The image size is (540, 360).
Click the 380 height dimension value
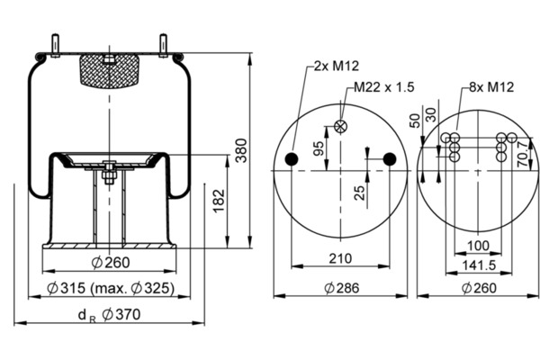coord(241,150)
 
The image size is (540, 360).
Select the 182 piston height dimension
coord(219,202)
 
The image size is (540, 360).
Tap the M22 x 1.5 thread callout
coord(384,87)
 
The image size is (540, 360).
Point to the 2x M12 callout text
coord(337,66)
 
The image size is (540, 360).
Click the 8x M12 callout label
coord(491,87)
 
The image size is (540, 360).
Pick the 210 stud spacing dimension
coord(340,258)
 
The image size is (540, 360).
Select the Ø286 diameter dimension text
coord(342,288)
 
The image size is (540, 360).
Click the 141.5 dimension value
coord(479,265)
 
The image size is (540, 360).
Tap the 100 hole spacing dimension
coord(478,246)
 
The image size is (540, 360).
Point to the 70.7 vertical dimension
coord(524,154)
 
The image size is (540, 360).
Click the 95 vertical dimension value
coord(319,148)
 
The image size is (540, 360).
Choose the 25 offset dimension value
coord(359,193)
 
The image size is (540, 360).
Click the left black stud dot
coord(292,159)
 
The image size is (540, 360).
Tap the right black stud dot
coord(390,158)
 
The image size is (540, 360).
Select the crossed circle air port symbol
coord(340,126)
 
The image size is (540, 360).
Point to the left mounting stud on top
coord(55,45)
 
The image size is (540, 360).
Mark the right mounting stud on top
coord(163,45)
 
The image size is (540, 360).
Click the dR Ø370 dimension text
coord(110,315)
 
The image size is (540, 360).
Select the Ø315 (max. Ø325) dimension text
coord(110,288)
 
